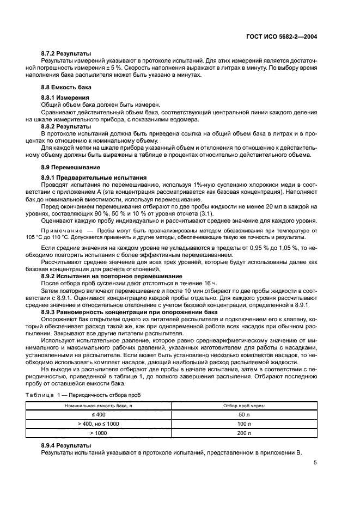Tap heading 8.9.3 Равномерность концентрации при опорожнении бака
[x=129, y=312]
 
